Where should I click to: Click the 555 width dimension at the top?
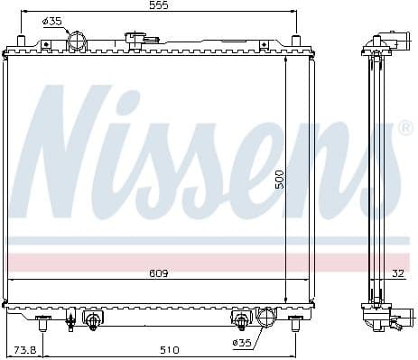[160, 5]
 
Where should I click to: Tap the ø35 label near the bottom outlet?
[243, 343]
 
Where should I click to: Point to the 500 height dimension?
[280, 180]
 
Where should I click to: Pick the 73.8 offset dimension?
[24, 349]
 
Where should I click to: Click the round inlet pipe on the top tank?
[78, 42]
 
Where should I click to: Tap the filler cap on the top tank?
[140, 39]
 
